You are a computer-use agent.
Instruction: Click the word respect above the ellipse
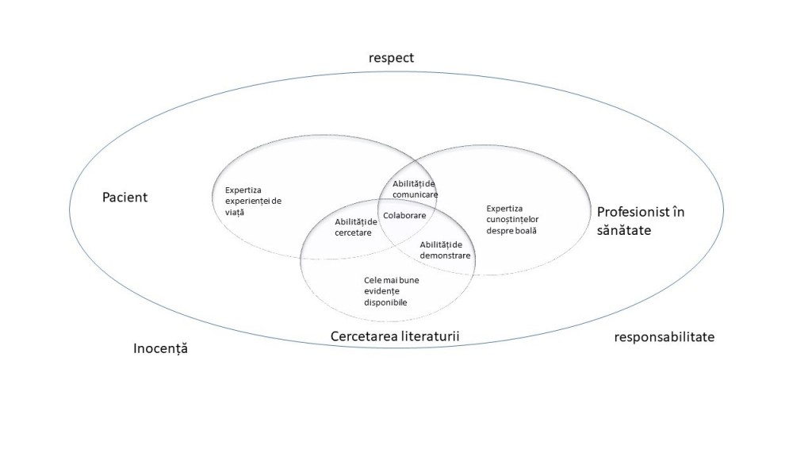click(391, 58)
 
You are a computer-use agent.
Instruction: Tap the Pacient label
click(124, 198)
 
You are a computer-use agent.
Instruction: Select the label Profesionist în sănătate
click(641, 221)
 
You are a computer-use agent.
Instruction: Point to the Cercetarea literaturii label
click(395, 336)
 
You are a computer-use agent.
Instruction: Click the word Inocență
click(160, 348)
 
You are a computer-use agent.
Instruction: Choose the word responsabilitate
click(665, 336)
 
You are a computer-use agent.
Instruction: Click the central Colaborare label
click(404, 216)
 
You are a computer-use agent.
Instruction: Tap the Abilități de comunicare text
click(415, 189)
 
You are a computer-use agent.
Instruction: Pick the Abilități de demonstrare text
click(445, 250)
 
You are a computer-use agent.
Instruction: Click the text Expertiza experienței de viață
click(253, 201)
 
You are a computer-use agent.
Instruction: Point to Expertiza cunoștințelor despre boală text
click(512, 220)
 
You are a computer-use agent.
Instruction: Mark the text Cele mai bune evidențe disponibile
click(392, 291)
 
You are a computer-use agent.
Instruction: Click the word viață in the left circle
click(235, 213)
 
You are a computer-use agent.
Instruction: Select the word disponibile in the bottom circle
click(385, 302)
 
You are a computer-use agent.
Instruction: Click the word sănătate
click(624, 230)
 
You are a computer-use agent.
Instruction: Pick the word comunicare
click(415, 195)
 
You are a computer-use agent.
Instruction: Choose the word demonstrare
click(445, 255)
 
